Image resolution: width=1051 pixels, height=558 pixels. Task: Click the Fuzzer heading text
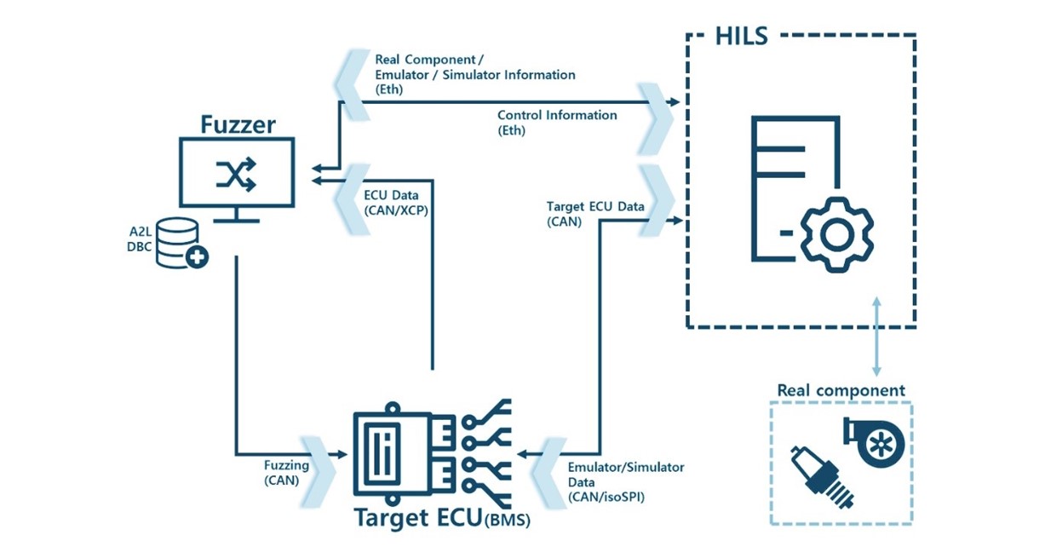tap(238, 124)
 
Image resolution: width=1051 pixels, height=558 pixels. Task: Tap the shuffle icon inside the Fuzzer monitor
tap(236, 174)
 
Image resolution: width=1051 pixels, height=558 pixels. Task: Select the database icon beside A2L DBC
tap(179, 242)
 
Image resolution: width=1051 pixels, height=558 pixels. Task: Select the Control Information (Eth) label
tap(556, 123)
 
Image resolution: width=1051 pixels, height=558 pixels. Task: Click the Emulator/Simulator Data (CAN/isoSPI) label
tap(625, 482)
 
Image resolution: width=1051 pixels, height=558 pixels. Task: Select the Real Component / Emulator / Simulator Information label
tap(474, 75)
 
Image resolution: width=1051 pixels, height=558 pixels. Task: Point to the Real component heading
tap(840, 391)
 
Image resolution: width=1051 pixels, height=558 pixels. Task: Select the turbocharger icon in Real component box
tap(875, 440)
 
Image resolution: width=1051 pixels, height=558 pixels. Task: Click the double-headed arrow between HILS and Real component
tap(876, 337)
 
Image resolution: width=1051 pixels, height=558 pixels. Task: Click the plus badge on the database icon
tap(197, 256)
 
